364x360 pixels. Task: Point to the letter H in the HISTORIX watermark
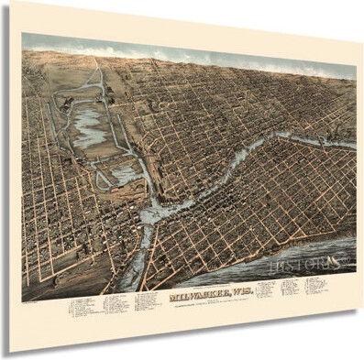[277, 267]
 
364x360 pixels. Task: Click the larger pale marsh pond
[90, 124]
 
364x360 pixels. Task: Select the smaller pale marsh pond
[122, 174]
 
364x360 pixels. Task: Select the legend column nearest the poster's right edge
[313, 285]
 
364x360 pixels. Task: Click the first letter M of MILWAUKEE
[149, 299]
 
